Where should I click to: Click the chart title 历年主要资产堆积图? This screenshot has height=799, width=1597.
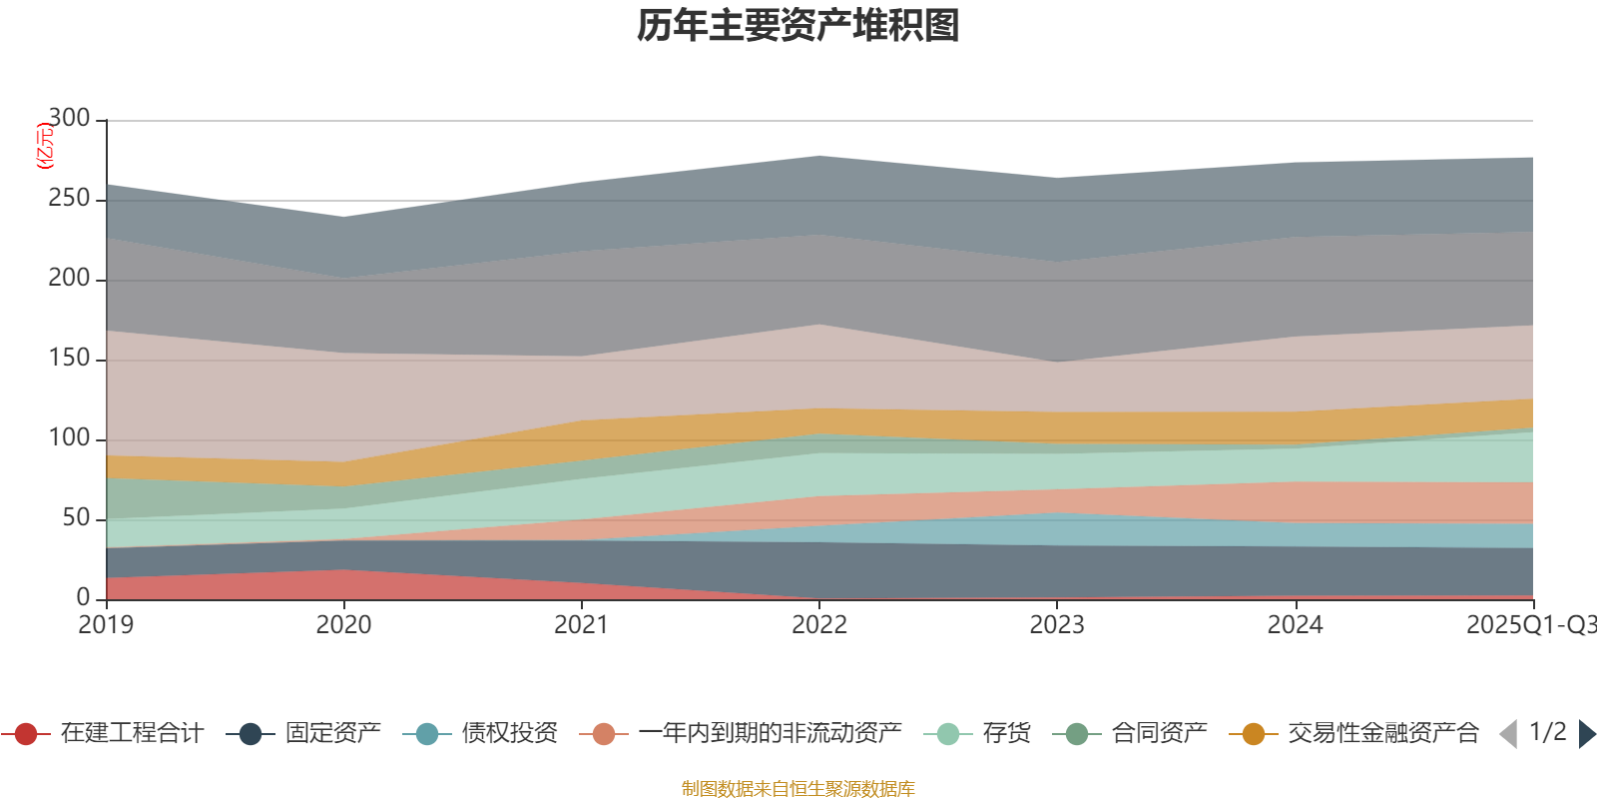(798, 26)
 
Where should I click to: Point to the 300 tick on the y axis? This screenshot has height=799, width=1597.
(69, 119)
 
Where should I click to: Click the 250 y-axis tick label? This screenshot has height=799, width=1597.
(69, 199)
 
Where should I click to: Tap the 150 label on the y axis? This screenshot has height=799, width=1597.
(69, 359)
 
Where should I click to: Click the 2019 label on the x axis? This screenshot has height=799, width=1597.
(106, 625)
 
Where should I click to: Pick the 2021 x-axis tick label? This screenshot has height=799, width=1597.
(581, 625)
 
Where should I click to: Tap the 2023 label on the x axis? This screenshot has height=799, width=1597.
(1057, 625)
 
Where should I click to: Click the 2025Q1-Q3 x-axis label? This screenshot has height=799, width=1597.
(1530, 625)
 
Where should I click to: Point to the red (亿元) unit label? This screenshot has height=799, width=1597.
(44, 147)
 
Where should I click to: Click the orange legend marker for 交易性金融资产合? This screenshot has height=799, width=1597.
(1253, 734)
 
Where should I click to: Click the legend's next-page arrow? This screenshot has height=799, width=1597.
(1586, 734)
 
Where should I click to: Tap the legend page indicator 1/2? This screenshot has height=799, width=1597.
(1547, 732)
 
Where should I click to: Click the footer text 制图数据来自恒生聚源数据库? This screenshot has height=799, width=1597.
(798, 789)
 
